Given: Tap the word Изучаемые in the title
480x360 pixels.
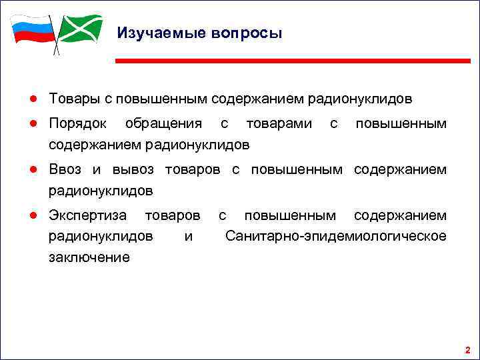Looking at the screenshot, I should [157, 33].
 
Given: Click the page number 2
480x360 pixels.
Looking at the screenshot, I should [467, 349].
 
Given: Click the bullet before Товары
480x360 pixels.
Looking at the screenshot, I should [32, 99].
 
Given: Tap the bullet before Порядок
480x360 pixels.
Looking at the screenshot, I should [32, 125].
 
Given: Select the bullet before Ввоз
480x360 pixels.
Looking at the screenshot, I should [32, 170].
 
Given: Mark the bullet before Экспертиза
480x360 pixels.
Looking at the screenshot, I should [32, 215].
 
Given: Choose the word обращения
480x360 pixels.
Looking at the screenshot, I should [163, 125].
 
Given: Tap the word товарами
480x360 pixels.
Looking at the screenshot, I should [278, 125].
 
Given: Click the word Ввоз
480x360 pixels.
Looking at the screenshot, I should [65, 170].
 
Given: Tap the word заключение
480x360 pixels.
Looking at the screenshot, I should [89, 257].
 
